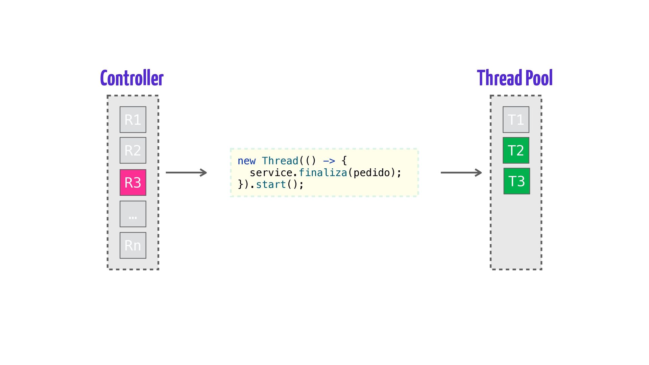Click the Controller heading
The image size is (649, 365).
(x=132, y=78)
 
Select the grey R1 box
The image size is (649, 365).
(x=133, y=120)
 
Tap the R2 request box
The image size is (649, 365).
(x=133, y=150)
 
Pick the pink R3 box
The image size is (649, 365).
(x=133, y=182)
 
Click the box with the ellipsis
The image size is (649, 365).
(x=133, y=214)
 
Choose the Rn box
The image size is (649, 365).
(x=133, y=245)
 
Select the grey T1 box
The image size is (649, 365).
(x=516, y=120)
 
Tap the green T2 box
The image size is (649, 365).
(x=516, y=150)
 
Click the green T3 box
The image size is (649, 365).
(x=516, y=181)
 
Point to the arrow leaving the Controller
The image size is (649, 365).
(x=186, y=173)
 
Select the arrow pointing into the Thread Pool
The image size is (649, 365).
(x=461, y=173)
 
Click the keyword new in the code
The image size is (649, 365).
(x=246, y=161)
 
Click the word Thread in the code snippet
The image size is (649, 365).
(x=280, y=161)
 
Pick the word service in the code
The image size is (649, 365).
(x=271, y=173)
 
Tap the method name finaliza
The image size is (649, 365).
(x=323, y=173)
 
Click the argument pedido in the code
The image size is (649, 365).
(x=372, y=173)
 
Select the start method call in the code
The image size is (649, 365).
(x=271, y=185)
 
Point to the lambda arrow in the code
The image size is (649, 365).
(x=329, y=161)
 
